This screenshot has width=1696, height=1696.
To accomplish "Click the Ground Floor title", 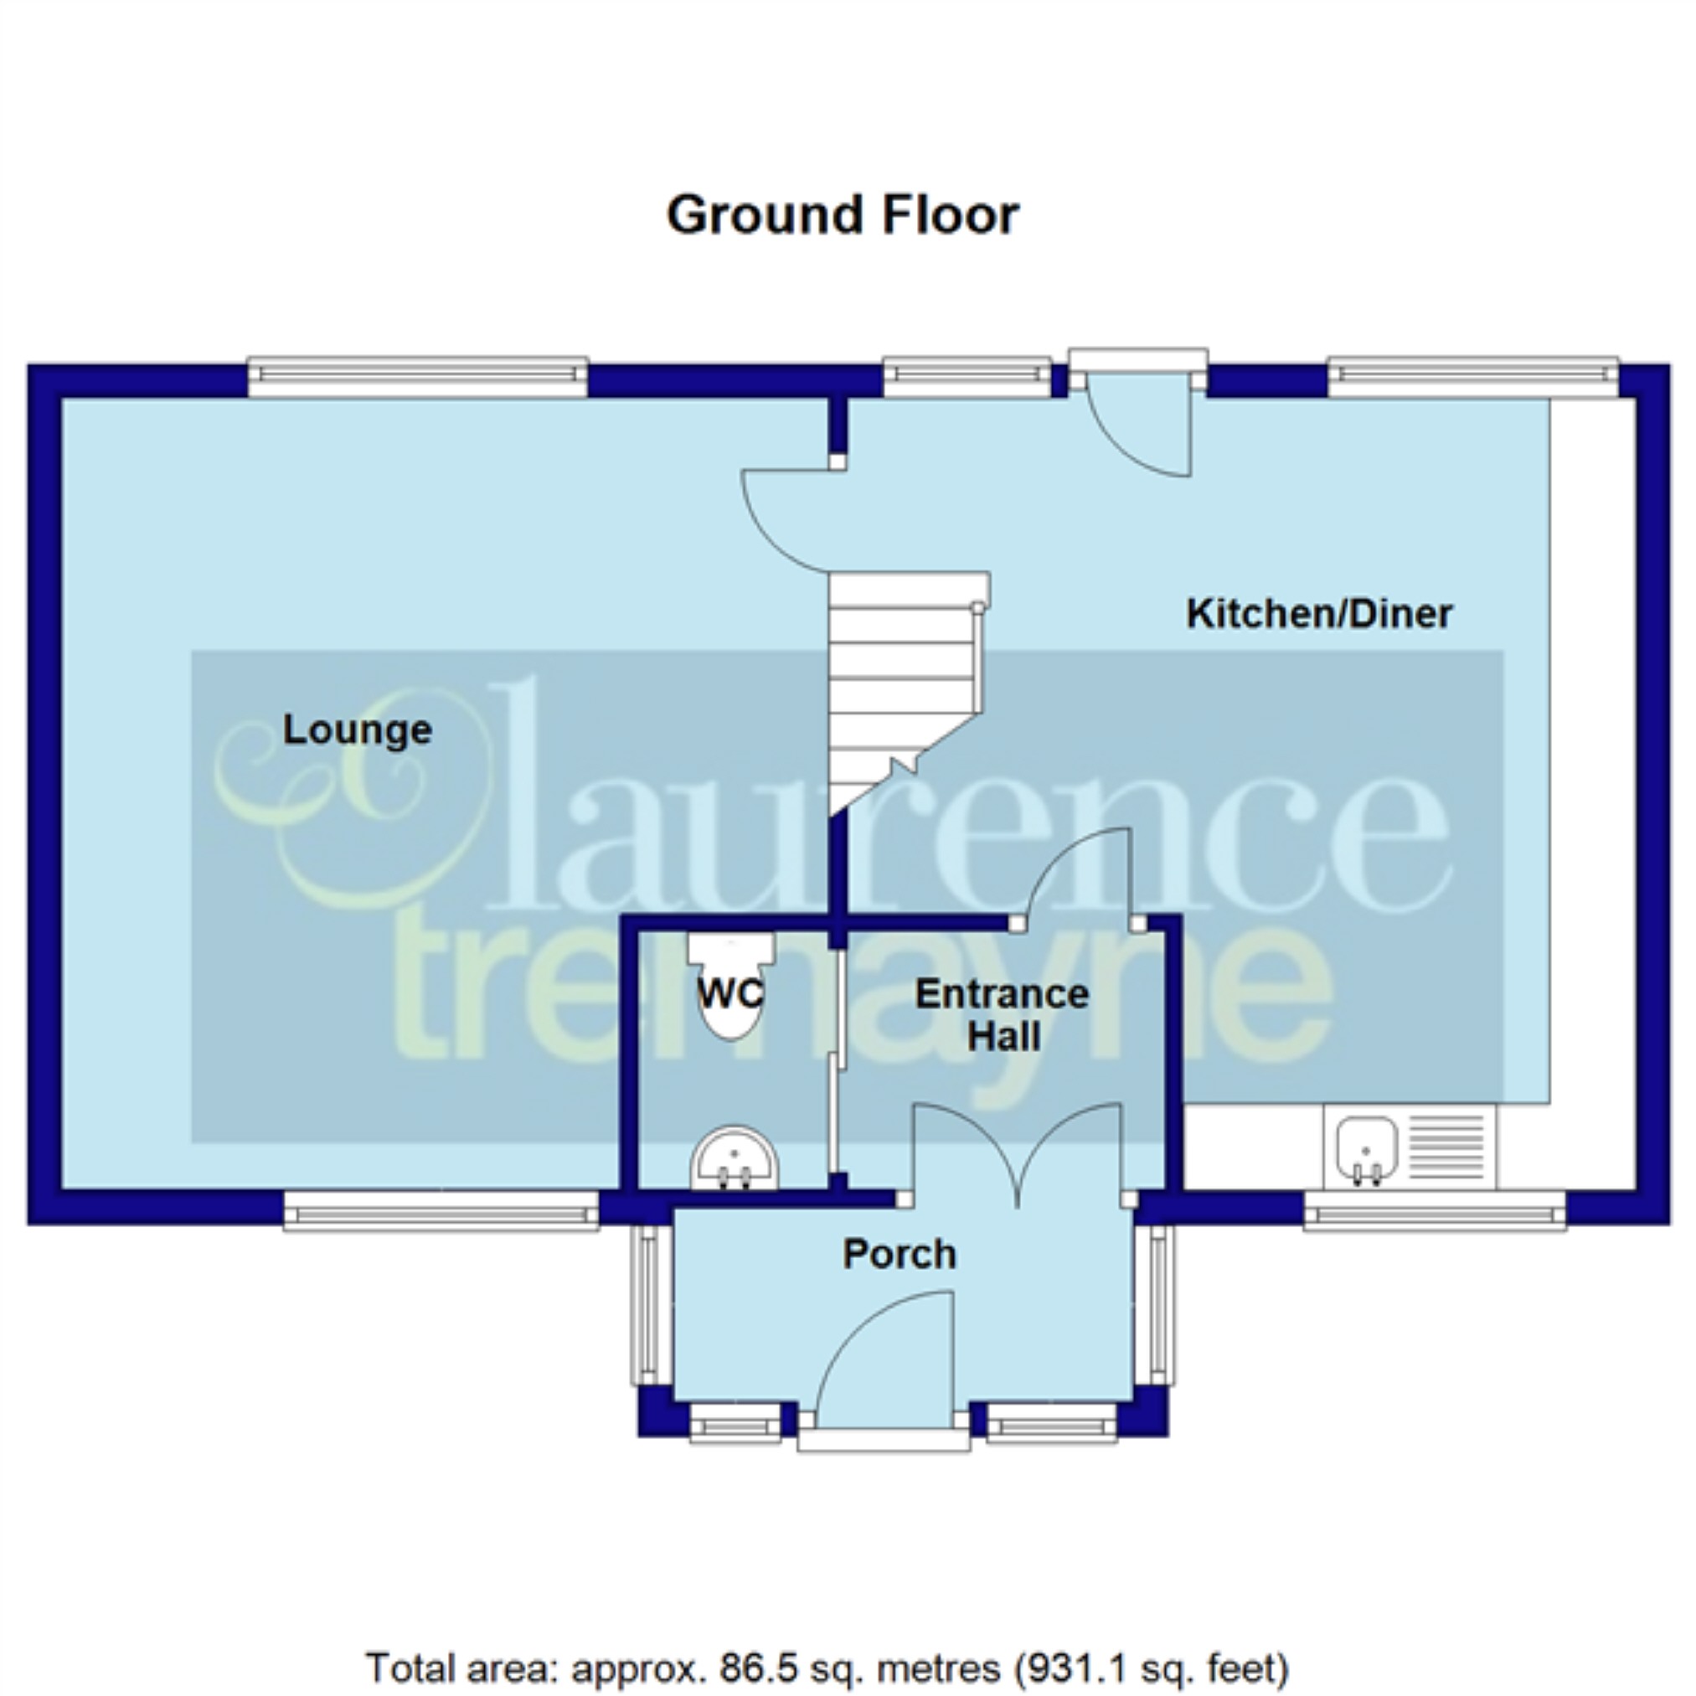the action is (x=843, y=216).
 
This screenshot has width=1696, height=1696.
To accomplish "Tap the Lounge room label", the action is (x=358, y=730).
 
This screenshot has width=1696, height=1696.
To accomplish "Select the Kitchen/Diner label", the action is (x=1319, y=613).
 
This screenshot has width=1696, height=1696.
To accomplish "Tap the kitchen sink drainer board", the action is (x=1446, y=1148).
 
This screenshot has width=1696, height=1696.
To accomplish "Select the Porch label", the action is (x=899, y=1255).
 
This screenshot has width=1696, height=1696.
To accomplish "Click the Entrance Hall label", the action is (x=1003, y=1016).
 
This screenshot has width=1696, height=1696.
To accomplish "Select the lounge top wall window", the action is (x=418, y=377).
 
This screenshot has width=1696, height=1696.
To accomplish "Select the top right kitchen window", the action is (x=1473, y=377).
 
